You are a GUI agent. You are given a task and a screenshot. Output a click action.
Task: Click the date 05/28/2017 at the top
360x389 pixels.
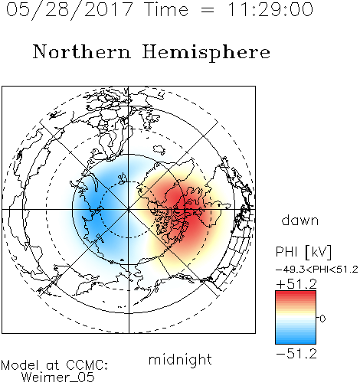coord(69,10)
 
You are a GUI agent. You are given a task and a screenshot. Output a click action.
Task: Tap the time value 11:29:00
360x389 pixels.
coord(270,9)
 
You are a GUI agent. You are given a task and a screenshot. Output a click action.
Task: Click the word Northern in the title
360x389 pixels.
coord(82,52)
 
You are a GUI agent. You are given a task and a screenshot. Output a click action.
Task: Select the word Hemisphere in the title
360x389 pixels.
coord(206,53)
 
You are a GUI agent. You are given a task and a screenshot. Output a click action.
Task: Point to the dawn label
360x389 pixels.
coord(300,221)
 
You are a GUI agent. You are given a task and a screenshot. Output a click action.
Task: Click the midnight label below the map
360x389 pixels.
coord(180,360)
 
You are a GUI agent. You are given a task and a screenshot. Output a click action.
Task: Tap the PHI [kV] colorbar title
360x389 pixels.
coord(303,252)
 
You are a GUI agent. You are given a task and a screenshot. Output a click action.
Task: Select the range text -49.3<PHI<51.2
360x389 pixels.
coord(317,270)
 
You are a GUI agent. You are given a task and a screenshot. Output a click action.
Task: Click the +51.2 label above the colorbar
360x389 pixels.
coord(296,284)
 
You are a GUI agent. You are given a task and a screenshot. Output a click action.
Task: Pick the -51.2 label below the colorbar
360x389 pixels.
coord(296,354)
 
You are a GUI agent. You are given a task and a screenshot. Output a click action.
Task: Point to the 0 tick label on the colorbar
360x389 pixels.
coord(322,319)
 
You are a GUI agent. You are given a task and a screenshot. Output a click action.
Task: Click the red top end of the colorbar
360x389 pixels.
coord(296,293)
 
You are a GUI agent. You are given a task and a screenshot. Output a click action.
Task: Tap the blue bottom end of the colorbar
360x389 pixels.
coord(296,341)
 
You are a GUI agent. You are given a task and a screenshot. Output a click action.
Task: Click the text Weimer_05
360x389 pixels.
coord(58,378)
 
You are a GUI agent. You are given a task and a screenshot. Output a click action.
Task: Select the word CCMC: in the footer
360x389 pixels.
coord(87,365)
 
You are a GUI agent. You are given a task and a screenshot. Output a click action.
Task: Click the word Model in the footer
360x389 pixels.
coord(20,365)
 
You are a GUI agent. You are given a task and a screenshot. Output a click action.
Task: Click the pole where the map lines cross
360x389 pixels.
coord(129,209)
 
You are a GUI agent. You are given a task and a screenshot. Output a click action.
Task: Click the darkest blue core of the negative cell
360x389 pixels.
coord(93,208)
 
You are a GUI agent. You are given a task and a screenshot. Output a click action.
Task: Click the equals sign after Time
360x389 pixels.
coord(208,10)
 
